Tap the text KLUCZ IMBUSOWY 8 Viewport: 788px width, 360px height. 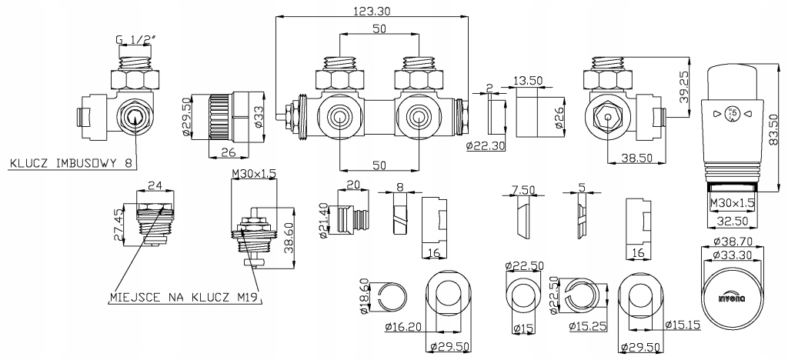click(71, 163)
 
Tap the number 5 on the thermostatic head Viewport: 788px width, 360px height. click(733, 112)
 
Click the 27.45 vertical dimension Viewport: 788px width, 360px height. click(118, 224)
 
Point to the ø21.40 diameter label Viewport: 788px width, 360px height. click(325, 219)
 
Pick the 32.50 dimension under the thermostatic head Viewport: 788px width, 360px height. click(731, 221)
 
